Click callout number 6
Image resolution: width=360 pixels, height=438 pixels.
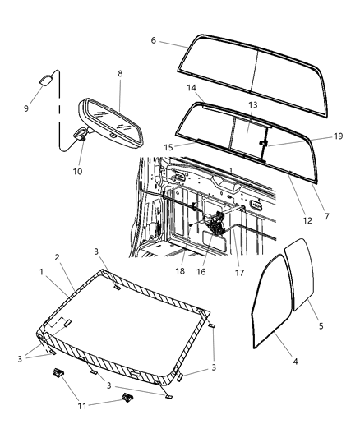(x=153, y=39)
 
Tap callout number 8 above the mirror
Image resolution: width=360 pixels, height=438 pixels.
(x=120, y=74)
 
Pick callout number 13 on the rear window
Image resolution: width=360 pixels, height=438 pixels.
(x=253, y=105)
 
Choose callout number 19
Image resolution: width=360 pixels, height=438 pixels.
(x=315, y=137)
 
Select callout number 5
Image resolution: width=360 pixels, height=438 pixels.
(x=321, y=326)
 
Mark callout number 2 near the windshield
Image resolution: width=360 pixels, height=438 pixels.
(x=58, y=257)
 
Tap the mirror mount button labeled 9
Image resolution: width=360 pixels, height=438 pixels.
(x=46, y=80)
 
